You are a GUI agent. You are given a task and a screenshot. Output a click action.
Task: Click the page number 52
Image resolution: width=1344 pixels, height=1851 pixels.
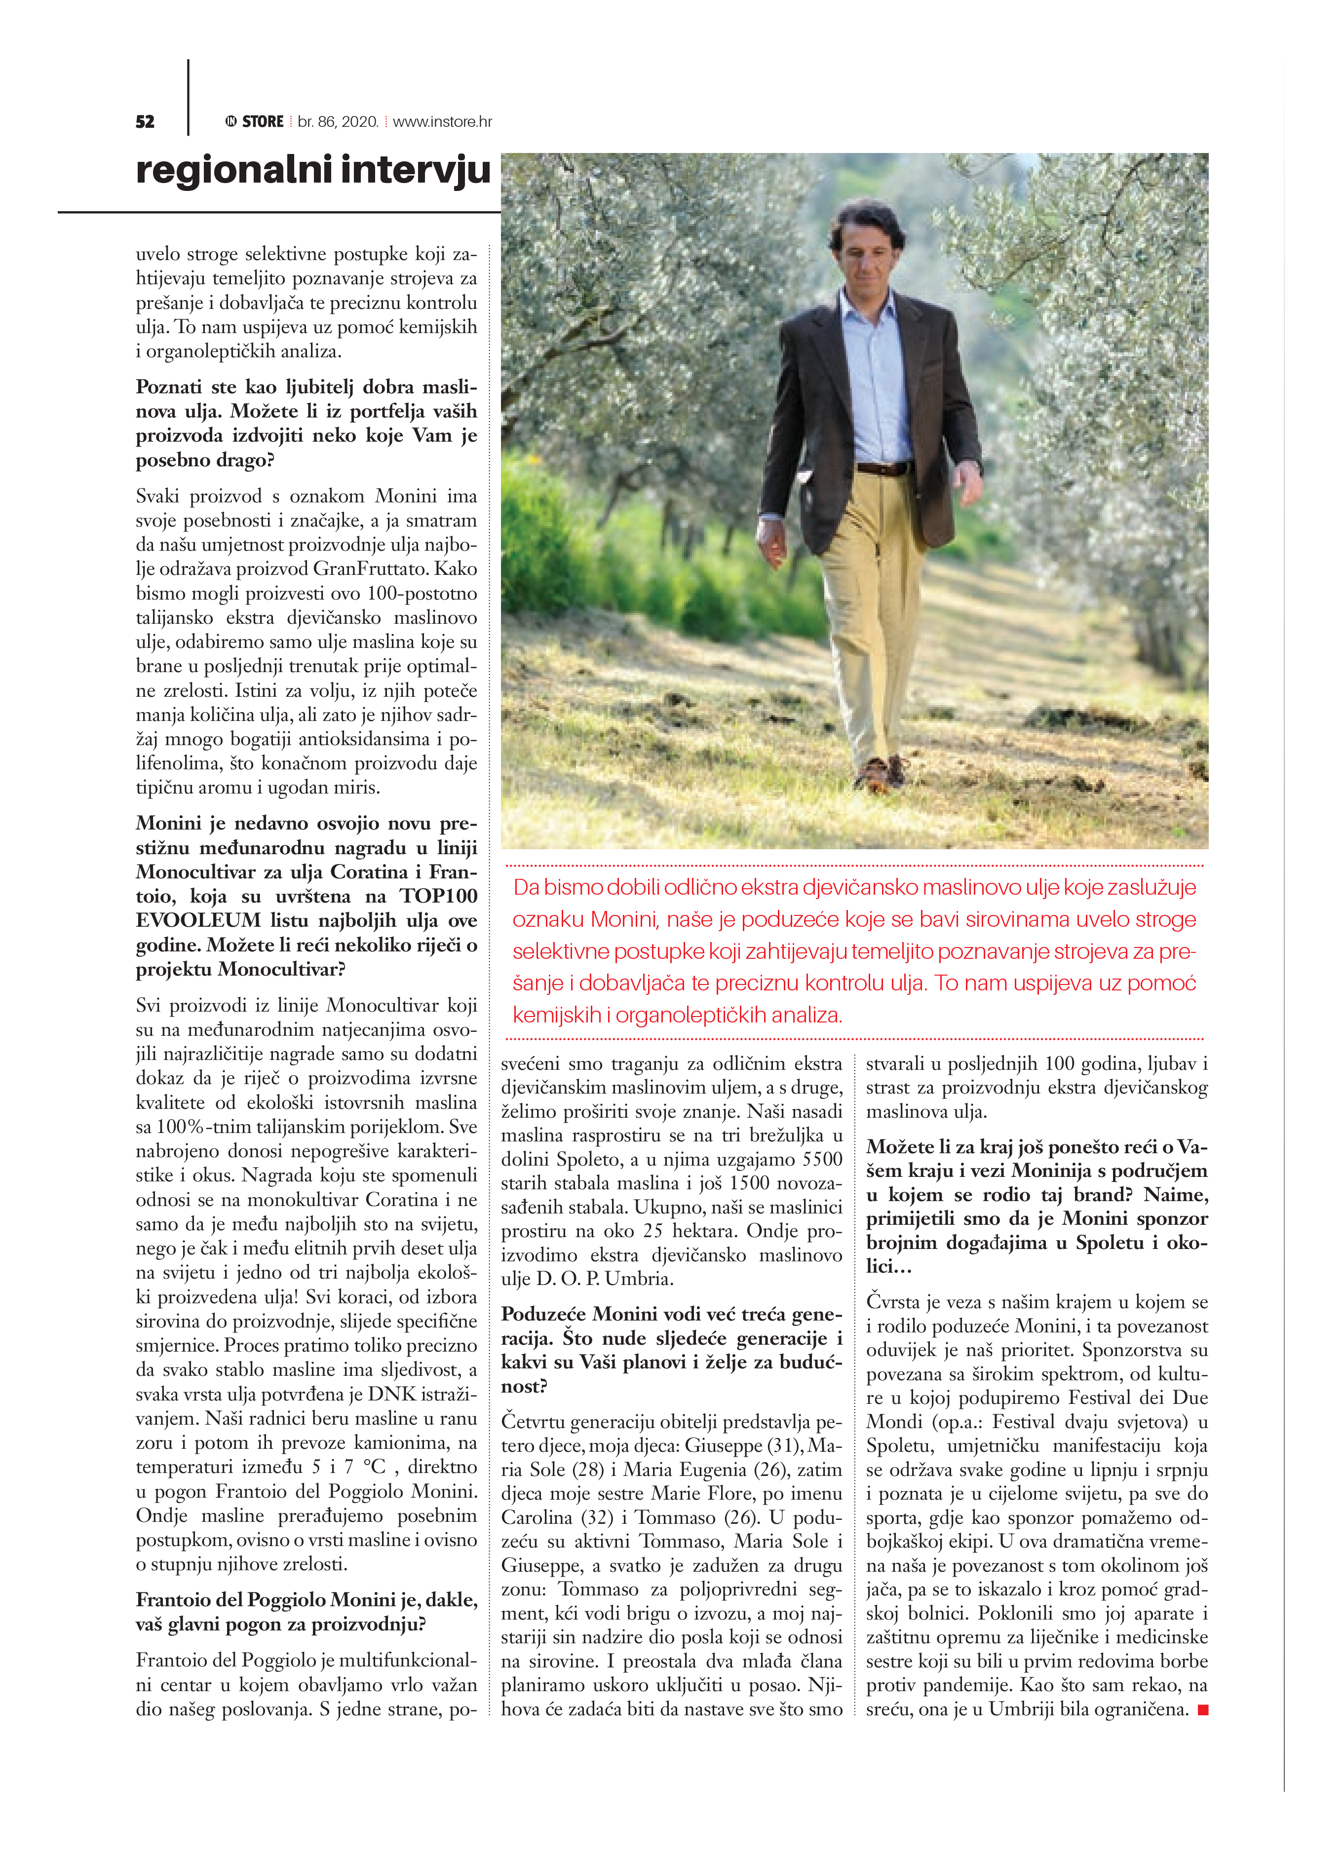[145, 121]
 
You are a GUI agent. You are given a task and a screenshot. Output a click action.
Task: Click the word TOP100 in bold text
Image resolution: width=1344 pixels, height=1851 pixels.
[438, 896]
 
